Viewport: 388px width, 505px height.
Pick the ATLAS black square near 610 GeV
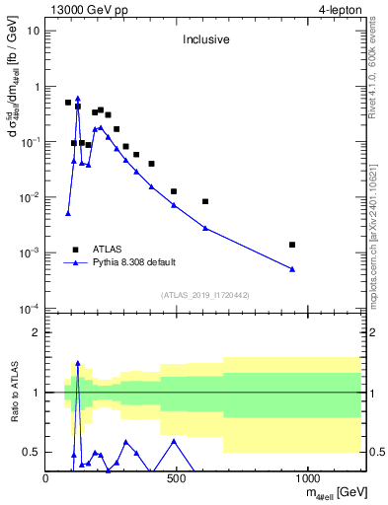pyautogui.click(x=205, y=201)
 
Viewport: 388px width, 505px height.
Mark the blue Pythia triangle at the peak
pyautogui.click(x=78, y=99)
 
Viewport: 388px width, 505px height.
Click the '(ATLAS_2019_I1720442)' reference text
pyautogui.click(x=204, y=295)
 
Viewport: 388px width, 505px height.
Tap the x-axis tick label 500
pyautogui.click(x=177, y=478)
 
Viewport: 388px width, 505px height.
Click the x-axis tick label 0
pyautogui.click(x=46, y=478)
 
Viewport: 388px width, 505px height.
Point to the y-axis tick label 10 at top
pyautogui.click(x=34, y=31)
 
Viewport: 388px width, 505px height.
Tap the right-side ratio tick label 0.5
pyautogui.click(x=376, y=452)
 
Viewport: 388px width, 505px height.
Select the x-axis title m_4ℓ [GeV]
pyautogui.click(x=335, y=493)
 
